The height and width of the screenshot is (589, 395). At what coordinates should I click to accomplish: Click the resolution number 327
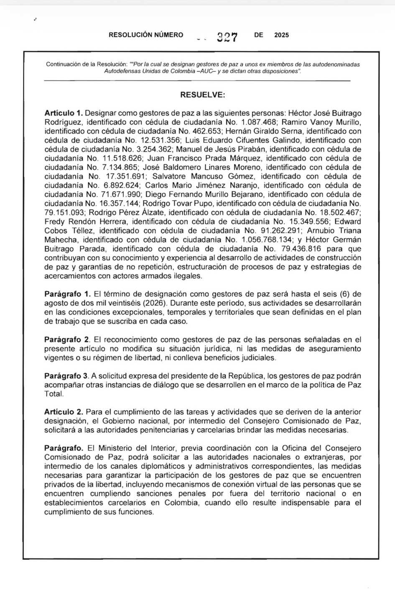click(x=227, y=37)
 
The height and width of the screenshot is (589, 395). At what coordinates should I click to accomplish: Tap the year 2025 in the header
click(x=281, y=35)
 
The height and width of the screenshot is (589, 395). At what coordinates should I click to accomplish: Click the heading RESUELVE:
click(x=202, y=95)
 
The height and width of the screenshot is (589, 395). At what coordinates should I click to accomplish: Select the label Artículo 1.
click(x=64, y=113)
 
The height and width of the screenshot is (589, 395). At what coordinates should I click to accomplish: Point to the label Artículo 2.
click(x=64, y=412)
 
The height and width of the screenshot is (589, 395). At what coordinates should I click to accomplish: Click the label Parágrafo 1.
click(x=67, y=294)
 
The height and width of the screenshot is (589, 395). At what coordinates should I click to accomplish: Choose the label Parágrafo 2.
click(x=67, y=340)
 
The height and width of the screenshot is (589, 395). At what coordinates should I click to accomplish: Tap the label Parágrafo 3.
click(x=67, y=376)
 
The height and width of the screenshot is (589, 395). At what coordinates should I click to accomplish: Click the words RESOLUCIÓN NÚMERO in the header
click(x=146, y=35)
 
